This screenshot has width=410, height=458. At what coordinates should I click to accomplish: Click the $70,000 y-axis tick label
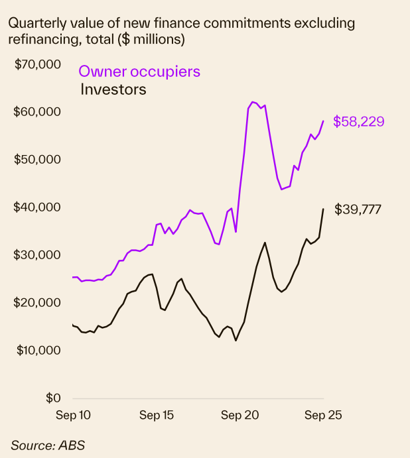(37, 64)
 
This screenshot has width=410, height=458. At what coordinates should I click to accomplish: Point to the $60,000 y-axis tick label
(37, 112)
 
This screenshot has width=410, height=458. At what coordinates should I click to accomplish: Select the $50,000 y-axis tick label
(37, 160)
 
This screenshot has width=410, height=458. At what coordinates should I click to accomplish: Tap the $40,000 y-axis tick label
(37, 207)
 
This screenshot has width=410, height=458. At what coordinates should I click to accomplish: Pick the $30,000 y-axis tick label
(37, 255)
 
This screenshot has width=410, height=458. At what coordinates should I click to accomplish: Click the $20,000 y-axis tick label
(37, 303)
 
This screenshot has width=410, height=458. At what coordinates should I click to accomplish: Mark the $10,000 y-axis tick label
(37, 351)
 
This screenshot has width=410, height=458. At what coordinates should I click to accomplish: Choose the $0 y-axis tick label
(54, 398)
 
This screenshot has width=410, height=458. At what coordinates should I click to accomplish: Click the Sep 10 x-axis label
(73, 416)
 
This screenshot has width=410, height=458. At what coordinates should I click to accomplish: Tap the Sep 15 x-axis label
(157, 416)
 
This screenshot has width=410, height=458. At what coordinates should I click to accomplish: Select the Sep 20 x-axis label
(239, 416)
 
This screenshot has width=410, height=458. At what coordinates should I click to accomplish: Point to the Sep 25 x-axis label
(322, 416)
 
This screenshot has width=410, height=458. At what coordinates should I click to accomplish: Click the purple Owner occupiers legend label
(139, 72)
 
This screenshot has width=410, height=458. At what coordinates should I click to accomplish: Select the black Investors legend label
(113, 89)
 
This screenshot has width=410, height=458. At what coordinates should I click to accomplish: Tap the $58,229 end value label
(359, 122)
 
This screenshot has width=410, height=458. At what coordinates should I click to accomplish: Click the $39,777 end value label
(358, 210)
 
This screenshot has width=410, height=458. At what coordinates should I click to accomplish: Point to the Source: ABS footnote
(48, 444)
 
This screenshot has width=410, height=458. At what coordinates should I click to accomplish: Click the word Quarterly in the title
(36, 23)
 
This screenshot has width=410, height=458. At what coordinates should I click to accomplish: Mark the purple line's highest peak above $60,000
(253, 102)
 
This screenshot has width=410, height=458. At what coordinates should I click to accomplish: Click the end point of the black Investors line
(323, 209)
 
